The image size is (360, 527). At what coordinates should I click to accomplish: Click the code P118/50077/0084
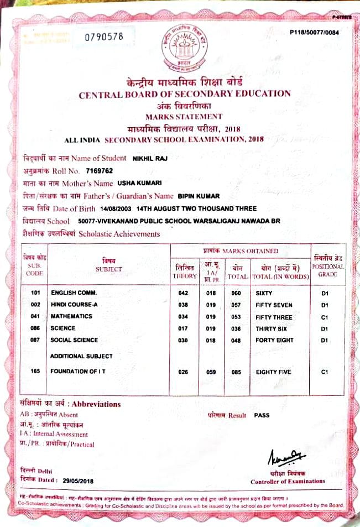pos(314,33)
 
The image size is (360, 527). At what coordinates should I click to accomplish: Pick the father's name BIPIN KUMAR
pos(199,196)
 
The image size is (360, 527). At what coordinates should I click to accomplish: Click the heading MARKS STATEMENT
pos(184,116)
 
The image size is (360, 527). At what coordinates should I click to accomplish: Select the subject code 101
pos(36,293)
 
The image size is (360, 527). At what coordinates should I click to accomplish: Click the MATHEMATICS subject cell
pos(71,316)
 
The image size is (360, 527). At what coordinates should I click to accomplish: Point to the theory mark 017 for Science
pos(184,328)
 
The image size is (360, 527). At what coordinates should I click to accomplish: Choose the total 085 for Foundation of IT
pos(236,372)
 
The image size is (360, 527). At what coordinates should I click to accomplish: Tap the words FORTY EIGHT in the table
pos(274,340)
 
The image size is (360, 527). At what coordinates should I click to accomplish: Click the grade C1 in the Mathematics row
pos(325,316)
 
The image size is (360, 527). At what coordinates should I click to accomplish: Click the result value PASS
pos(262,414)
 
